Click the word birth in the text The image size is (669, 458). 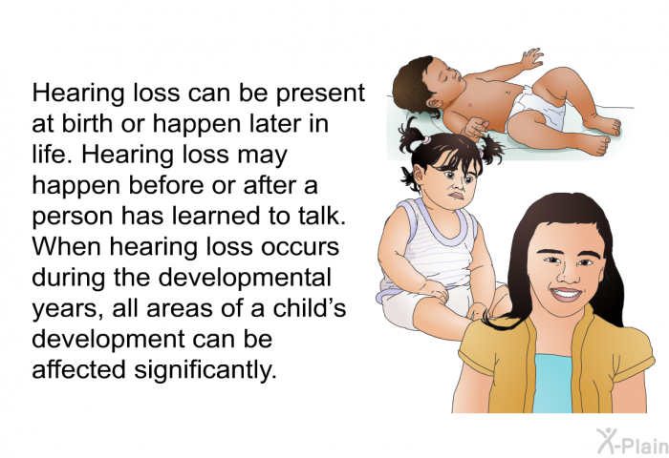tap(88, 123)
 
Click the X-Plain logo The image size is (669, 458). tap(632, 441)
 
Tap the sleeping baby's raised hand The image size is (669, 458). tap(531, 58)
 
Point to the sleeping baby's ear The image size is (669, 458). tap(435, 103)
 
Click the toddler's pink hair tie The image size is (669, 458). tap(424, 139)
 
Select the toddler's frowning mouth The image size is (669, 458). tap(457, 196)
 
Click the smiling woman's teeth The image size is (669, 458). tap(566, 293)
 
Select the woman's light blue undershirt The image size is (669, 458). tap(552, 384)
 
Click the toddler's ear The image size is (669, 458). tap(419, 173)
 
